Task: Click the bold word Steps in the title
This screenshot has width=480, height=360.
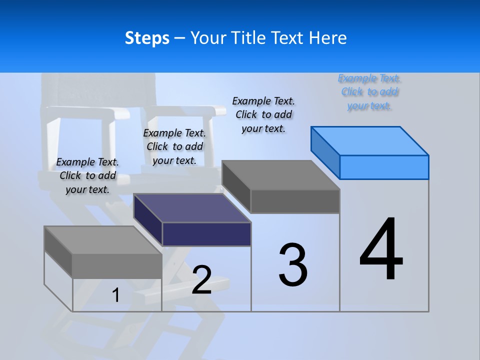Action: pos(147,38)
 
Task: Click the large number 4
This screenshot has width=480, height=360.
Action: pos(381,250)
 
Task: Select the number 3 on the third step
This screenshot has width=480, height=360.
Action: pos(293,265)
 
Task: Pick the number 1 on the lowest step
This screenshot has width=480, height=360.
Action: pos(115,295)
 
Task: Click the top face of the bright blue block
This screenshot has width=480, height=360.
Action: pos(370,141)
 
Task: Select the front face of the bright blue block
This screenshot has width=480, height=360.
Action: pos(384,167)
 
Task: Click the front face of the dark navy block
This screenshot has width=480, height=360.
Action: pos(206,234)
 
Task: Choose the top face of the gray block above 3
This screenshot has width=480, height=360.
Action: pos(281,175)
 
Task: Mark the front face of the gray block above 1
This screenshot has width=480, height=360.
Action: pos(117,266)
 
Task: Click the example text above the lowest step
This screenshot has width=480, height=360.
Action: pos(87,175)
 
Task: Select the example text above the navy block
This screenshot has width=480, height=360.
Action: pos(174,146)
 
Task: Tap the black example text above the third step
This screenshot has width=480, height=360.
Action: pos(263,114)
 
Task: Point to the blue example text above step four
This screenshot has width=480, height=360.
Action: pos(369,92)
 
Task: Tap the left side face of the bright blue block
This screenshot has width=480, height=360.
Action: pos(325,153)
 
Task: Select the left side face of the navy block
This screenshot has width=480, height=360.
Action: pos(148,220)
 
